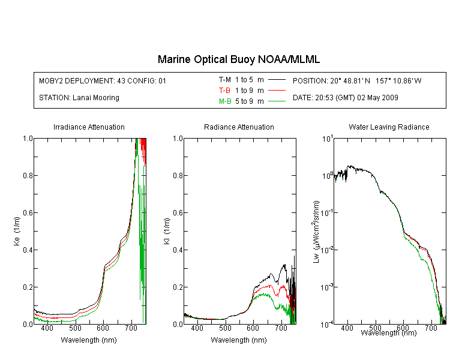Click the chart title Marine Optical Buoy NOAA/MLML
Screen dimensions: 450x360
click(238, 59)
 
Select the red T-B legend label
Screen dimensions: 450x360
click(224, 91)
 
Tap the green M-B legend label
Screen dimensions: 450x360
click(225, 101)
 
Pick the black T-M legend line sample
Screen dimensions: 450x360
click(277, 80)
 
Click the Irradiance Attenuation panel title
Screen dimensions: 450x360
click(89, 127)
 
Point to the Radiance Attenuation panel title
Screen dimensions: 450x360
click(239, 127)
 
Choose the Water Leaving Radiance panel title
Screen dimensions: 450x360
click(389, 127)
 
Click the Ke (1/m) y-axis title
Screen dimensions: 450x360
click(17, 232)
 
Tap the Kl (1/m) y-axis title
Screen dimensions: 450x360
click(167, 232)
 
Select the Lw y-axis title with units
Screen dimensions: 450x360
click(316, 232)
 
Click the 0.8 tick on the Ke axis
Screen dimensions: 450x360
click(28, 175)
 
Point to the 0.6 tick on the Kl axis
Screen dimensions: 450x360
click(178, 213)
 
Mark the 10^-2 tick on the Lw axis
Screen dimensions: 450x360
click(327, 250)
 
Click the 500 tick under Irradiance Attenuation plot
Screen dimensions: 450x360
click(75, 328)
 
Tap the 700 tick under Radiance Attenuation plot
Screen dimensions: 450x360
click(281, 328)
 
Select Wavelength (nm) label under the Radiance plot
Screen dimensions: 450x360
click(239, 340)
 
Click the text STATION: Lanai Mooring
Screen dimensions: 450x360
click(79, 98)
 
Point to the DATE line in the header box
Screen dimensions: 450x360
click(346, 98)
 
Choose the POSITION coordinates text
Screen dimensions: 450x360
click(357, 81)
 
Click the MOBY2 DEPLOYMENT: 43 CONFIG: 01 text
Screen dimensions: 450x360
click(103, 81)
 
